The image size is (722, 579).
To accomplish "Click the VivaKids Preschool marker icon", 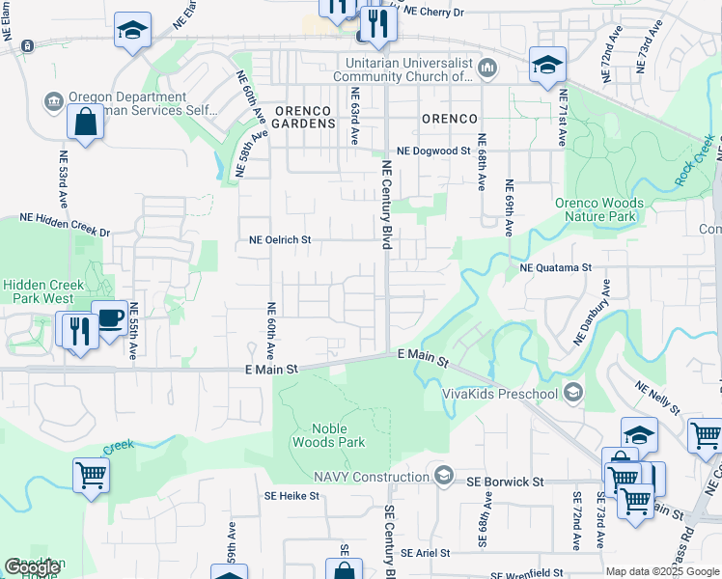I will pos(573,392).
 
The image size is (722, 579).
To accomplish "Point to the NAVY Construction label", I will pos(371,476).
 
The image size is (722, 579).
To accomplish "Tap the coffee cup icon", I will pos(108,318).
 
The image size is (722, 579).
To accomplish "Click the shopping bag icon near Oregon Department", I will pos(86,123).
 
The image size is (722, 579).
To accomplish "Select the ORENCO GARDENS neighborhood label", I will pos(304,118).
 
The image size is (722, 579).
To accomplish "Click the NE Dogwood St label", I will pos(434,152).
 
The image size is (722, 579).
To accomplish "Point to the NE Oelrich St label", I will pos(281,240).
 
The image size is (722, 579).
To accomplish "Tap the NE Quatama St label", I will pos(555,267).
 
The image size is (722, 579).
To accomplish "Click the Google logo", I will pos(33,567).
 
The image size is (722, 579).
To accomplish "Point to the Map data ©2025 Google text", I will pos(662,572).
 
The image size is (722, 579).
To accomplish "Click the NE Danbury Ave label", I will pos(592,313).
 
